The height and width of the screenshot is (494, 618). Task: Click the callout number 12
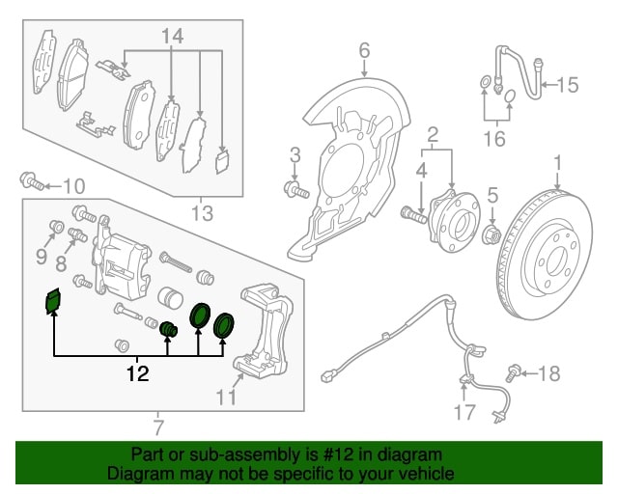click(x=139, y=373)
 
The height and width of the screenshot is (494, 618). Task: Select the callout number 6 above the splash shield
click(x=364, y=50)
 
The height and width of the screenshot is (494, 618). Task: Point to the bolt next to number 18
click(x=514, y=371)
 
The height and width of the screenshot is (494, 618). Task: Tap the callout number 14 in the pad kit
click(x=172, y=37)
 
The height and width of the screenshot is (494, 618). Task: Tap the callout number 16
click(x=493, y=139)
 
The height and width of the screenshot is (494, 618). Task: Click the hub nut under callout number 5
click(x=490, y=234)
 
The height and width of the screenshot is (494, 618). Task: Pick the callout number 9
click(x=41, y=256)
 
